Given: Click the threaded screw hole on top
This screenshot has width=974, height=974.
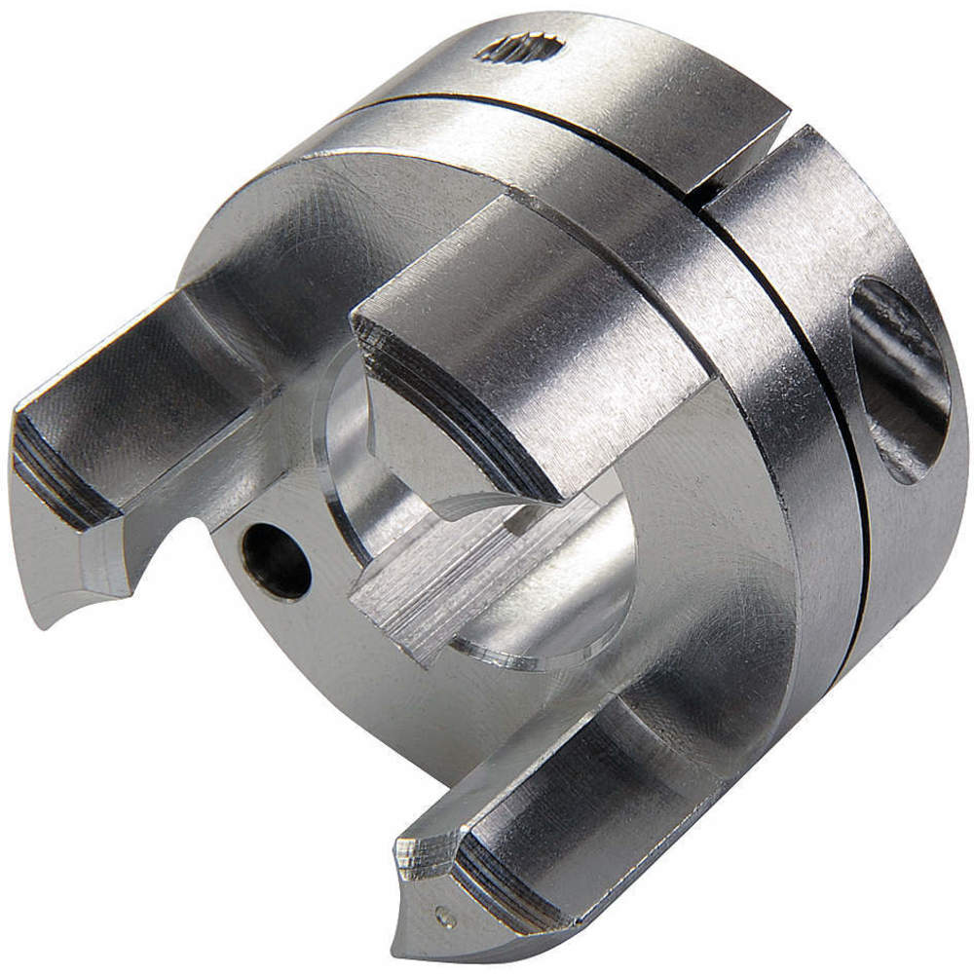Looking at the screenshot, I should click(x=519, y=47).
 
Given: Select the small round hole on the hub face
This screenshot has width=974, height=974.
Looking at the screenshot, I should click(x=277, y=561).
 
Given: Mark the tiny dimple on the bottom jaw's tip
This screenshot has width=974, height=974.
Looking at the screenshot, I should click(x=445, y=915).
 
